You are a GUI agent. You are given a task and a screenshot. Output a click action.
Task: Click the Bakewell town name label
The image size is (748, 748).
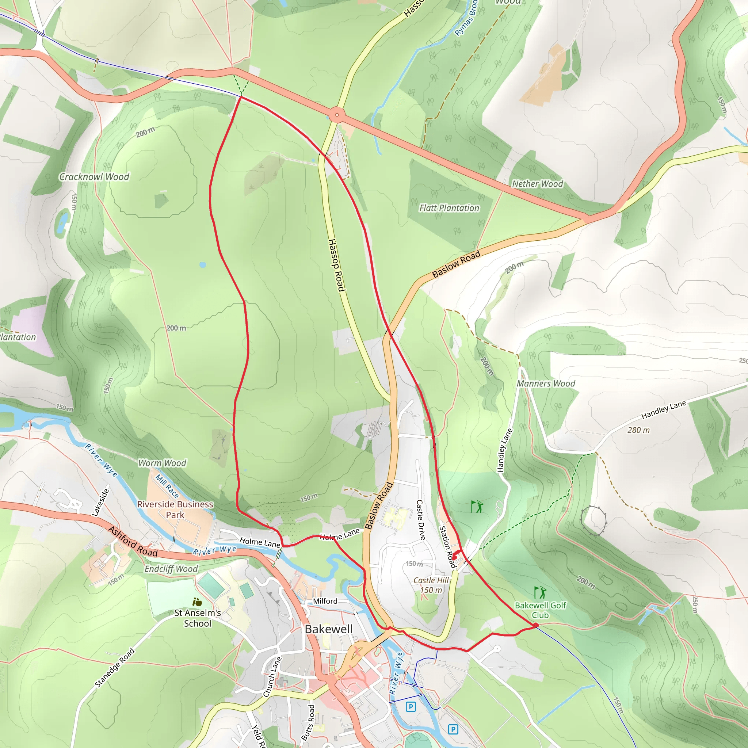click(x=328, y=629)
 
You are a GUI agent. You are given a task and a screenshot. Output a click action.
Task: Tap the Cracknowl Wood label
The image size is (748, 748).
click(x=94, y=177)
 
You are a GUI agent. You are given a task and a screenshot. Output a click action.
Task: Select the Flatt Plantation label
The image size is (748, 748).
click(x=449, y=208)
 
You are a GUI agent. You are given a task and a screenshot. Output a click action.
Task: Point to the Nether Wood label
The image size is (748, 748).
click(x=537, y=184)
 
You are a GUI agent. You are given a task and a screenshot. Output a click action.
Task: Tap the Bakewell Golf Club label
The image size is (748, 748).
click(x=540, y=610)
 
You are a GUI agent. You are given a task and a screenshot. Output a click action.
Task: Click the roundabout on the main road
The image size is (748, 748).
click(x=337, y=115)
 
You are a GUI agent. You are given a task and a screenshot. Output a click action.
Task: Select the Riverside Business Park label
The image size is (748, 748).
click(x=175, y=510)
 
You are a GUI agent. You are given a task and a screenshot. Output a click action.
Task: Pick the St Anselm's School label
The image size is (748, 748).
click(x=198, y=618)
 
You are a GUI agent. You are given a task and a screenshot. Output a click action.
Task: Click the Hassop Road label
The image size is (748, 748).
click(x=336, y=265)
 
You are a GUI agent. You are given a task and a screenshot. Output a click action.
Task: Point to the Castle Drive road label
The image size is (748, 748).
click(x=420, y=520)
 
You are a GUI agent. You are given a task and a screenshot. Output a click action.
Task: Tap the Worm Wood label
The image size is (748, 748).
click(x=162, y=463)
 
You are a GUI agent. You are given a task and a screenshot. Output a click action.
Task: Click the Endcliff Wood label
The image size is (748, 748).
click(x=171, y=569)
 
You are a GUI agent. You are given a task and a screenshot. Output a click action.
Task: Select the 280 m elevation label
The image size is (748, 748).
click(x=638, y=430)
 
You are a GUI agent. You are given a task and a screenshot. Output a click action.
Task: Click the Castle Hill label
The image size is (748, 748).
click(x=431, y=580)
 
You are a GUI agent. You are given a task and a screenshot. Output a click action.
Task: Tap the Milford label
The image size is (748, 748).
click(x=325, y=601)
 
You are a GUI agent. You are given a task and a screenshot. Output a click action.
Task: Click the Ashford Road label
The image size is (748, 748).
click(x=133, y=542)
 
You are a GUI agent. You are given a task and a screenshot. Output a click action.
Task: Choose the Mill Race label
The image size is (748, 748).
click(x=167, y=486)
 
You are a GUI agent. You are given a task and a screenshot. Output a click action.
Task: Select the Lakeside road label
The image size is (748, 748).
click(x=101, y=503)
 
